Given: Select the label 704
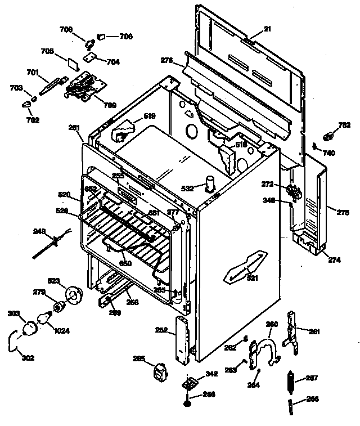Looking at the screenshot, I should [x=114, y=62].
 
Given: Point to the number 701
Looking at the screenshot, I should [x=33, y=71].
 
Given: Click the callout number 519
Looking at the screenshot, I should [x=150, y=116].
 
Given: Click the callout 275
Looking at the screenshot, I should [x=343, y=212].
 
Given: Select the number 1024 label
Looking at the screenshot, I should [x=62, y=331].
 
